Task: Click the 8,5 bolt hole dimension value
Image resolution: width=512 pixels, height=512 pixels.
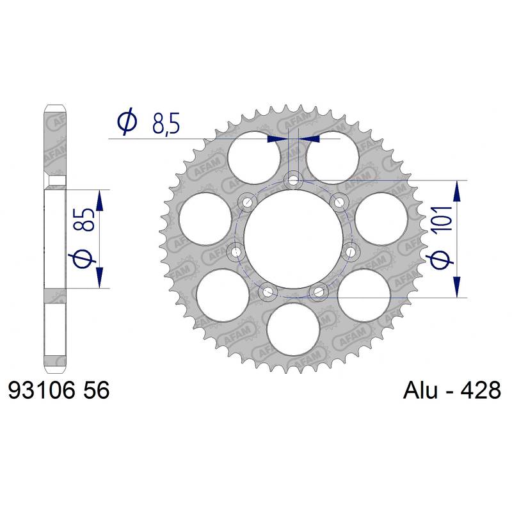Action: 166,124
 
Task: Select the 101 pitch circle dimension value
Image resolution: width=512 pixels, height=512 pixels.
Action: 442,219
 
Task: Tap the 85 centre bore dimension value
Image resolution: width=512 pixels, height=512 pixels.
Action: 84,220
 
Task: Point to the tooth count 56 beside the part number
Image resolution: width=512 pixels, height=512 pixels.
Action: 97,390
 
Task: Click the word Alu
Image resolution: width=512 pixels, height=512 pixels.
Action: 420,390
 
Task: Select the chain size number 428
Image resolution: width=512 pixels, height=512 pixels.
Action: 481,390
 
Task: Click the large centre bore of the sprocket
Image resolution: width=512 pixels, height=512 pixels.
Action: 293,239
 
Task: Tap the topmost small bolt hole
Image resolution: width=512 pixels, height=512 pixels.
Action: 293,180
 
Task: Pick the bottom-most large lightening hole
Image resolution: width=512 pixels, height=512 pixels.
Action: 293,329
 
